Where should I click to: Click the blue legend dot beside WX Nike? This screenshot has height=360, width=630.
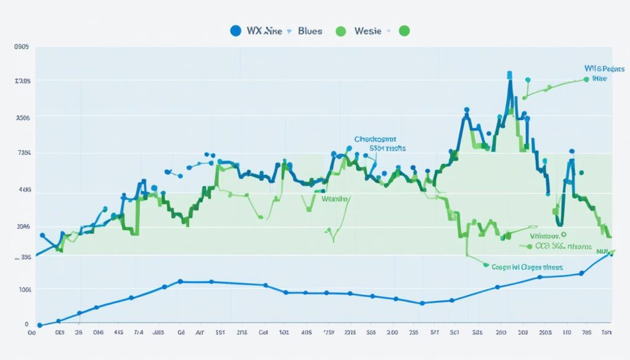coord(235,31)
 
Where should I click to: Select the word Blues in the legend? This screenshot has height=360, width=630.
coord(309,31)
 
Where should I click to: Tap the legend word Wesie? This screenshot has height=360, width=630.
coord(369,31)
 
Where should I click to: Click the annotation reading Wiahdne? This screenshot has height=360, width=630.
coord(335,199)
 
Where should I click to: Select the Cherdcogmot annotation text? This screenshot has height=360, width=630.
coord(375,140)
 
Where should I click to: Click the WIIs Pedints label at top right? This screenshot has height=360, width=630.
coord(600,70)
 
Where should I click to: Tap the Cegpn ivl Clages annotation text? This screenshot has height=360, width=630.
coord(527,268)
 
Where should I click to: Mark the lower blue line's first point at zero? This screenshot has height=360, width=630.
coord(39,325)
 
